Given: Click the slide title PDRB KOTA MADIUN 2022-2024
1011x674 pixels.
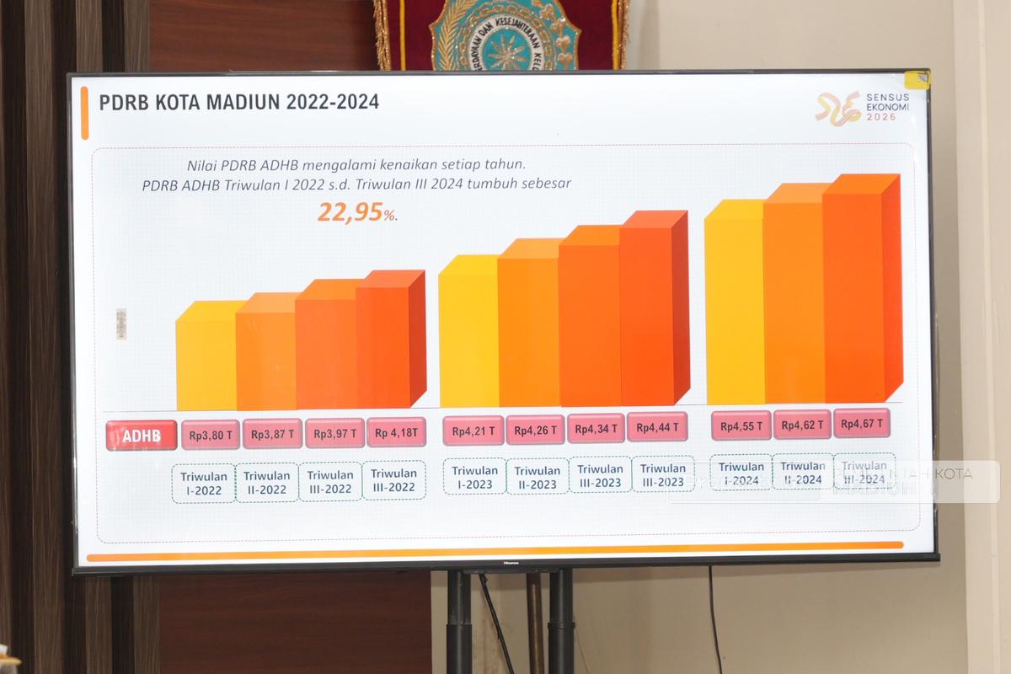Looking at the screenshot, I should (x=239, y=103).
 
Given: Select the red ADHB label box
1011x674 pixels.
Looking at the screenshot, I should (x=142, y=436).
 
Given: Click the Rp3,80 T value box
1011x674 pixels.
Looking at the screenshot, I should (x=211, y=435).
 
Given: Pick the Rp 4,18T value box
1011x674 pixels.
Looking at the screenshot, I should (x=396, y=432).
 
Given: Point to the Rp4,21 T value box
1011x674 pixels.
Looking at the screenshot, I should (x=473, y=431).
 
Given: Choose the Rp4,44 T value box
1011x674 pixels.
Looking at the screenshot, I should (x=657, y=427).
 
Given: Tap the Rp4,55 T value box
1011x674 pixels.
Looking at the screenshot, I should (x=741, y=425).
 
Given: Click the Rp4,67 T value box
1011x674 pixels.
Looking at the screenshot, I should (x=862, y=423).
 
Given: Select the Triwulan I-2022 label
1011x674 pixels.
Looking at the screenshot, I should (x=204, y=484).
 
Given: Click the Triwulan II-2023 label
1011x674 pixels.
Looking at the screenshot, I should (x=537, y=478).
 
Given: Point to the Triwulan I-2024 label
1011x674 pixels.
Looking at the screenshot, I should (x=741, y=473).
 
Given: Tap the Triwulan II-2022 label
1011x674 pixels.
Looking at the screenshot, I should (x=267, y=483).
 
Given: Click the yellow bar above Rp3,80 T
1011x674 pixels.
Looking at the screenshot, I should (x=206, y=358).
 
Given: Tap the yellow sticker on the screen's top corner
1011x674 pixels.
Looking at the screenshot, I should (x=917, y=80).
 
